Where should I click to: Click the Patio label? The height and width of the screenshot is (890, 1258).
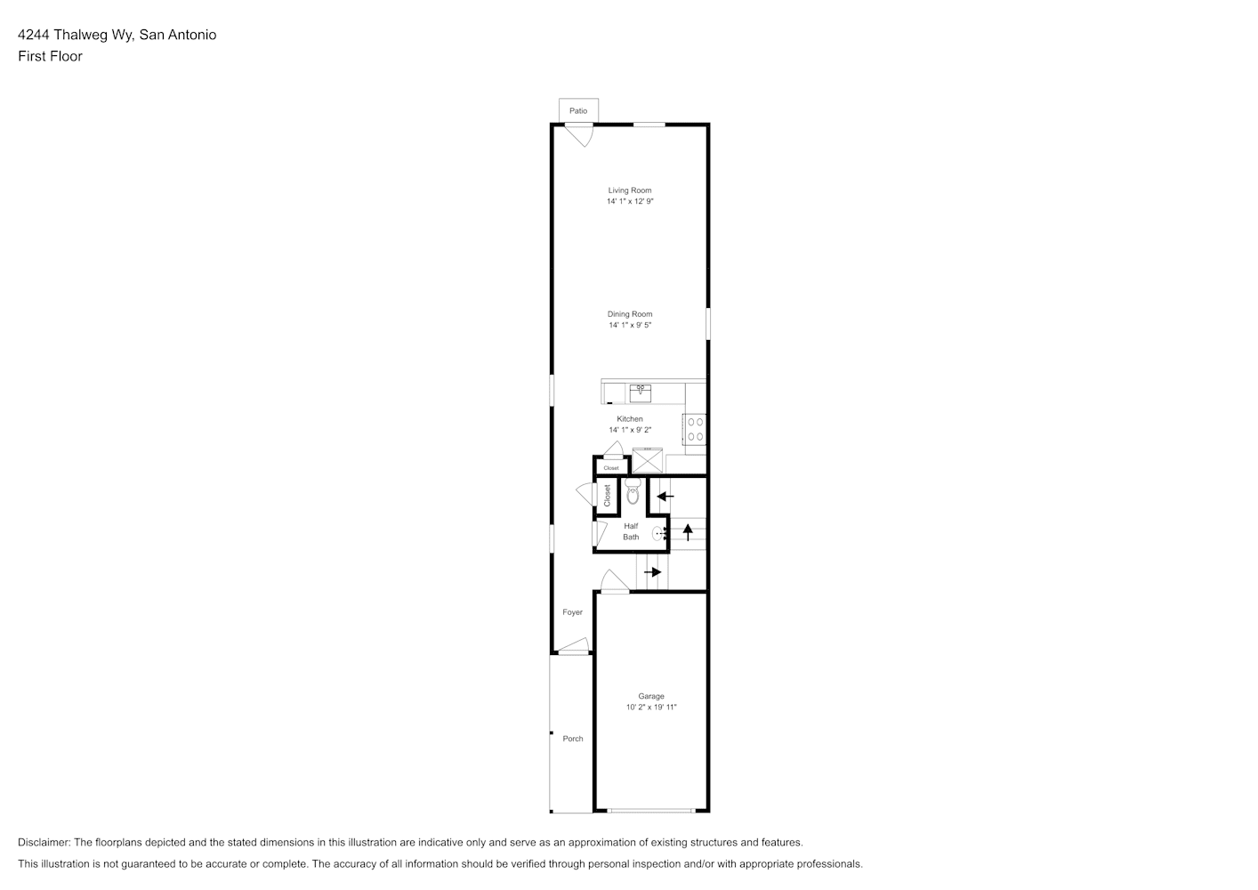[578, 110]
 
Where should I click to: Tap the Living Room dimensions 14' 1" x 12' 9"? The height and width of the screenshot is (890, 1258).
[630, 201]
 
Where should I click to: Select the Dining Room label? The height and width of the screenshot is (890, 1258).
[630, 314]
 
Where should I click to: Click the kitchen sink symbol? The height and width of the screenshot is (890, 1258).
[641, 393]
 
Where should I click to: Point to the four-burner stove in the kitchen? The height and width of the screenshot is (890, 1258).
[695, 429]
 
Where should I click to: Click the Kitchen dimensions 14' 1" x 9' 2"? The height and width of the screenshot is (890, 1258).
[630, 430]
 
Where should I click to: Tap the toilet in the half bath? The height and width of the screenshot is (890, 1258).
[633, 490]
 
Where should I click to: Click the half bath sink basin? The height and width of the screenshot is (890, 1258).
[657, 533]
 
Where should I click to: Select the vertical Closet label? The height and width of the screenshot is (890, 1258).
[607, 496]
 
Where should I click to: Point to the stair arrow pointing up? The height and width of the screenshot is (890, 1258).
[688, 532]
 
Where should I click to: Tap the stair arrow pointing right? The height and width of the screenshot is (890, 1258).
[653, 572]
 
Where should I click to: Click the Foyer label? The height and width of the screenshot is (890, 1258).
[572, 612]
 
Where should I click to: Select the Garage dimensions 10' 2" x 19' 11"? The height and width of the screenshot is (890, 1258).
[651, 707]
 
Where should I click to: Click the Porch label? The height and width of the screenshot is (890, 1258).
[573, 739]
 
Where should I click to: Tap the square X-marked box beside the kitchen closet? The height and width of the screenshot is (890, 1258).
[648, 460]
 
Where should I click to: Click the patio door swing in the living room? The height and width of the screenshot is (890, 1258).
[579, 136]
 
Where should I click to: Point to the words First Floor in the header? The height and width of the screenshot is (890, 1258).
[50, 56]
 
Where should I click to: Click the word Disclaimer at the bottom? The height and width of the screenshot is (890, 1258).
[44, 842]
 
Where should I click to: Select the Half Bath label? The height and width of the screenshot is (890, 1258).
[631, 531]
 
